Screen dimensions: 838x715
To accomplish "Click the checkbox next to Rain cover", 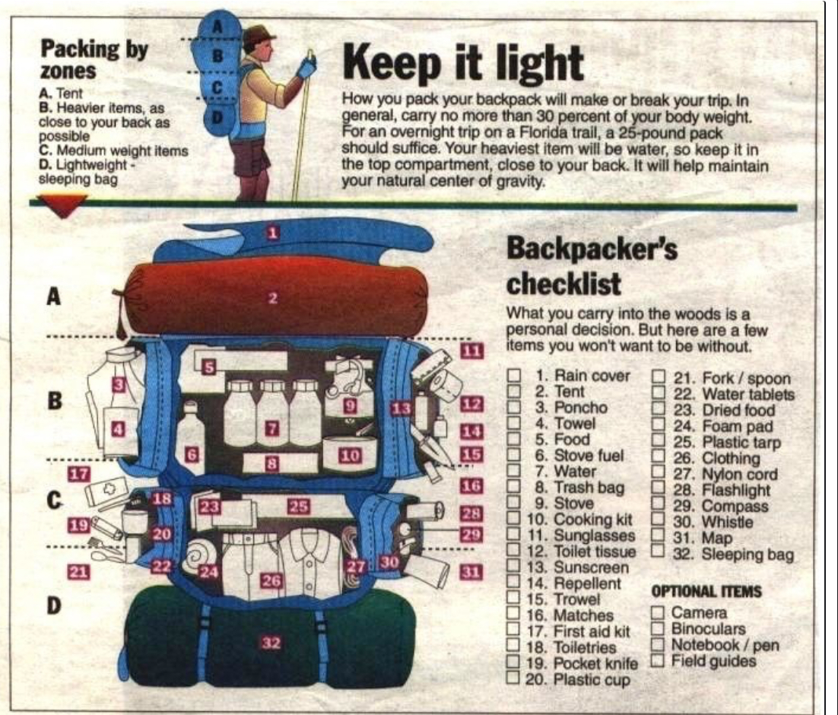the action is click(514, 376).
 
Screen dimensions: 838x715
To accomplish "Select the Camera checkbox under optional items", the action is click(659, 612).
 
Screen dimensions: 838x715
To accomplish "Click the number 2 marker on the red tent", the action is click(273, 298).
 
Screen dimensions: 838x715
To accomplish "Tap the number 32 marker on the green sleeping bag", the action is click(271, 643).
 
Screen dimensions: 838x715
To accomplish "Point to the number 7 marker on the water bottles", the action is click(272, 427).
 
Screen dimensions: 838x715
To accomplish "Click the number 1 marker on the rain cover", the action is click(273, 233).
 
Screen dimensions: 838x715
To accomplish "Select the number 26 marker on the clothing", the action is click(271, 580).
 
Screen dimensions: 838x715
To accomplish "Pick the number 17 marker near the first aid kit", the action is click(79, 474).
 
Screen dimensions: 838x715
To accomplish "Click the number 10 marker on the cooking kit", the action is click(350, 456).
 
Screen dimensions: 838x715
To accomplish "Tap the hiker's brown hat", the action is click(259, 36).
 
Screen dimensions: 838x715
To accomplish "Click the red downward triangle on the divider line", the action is click(63, 207).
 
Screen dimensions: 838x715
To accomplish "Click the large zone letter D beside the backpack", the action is click(53, 605).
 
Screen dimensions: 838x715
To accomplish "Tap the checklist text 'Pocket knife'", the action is click(595, 664).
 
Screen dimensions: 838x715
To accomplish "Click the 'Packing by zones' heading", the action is click(94, 59).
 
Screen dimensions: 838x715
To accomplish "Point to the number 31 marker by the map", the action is click(470, 572).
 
